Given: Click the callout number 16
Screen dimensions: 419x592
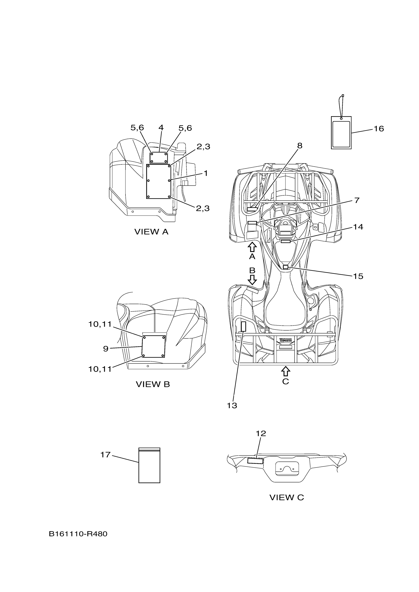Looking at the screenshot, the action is (379, 129).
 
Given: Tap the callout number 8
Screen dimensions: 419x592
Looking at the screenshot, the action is (299, 146).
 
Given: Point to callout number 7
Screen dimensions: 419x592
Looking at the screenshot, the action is (357, 200).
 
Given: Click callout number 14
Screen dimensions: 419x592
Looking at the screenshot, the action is (358, 227).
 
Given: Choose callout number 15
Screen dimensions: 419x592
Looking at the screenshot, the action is (358, 276).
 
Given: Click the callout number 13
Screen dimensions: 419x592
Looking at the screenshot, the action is (232, 406).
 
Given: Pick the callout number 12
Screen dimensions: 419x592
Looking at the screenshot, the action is (261, 433).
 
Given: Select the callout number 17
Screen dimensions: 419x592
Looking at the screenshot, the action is (105, 455).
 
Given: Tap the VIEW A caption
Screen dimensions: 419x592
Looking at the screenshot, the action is (151, 232).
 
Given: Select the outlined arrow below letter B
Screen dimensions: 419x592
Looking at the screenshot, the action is (252, 279).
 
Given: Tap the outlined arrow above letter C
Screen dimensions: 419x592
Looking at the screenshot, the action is (285, 371).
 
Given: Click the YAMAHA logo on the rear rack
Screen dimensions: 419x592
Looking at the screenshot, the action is (285, 340).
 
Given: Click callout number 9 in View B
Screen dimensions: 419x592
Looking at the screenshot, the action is (105, 349).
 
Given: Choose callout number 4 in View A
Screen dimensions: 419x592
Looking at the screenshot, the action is (161, 128).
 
